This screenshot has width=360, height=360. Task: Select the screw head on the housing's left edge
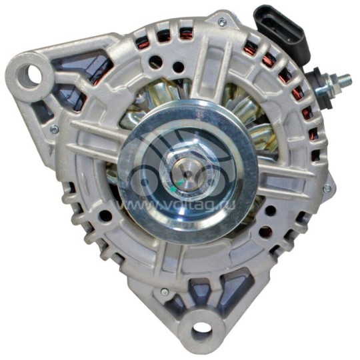point(53,129)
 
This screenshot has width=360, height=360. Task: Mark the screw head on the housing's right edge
point(327,189)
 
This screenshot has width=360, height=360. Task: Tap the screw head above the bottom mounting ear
point(164,293)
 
